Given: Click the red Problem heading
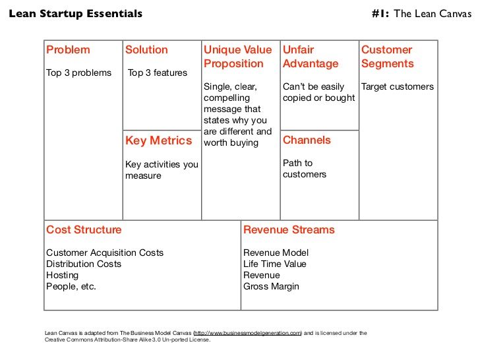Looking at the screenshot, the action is (x=68, y=49).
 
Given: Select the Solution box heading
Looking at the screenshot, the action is (x=146, y=49).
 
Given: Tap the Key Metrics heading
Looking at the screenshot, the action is (x=158, y=140).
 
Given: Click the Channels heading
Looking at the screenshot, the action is (x=307, y=140).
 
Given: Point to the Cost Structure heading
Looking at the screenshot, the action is (x=84, y=229).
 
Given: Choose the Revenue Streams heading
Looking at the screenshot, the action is (x=289, y=229).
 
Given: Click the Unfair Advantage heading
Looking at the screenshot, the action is (x=311, y=57).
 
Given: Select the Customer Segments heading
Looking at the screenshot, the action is (x=388, y=57).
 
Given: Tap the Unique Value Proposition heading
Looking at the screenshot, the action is (x=238, y=57).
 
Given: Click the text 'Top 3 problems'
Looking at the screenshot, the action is (x=78, y=73).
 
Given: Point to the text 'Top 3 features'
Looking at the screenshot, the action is (x=158, y=73).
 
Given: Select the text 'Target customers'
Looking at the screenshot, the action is (x=398, y=86).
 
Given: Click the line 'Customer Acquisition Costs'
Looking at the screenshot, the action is (x=105, y=253).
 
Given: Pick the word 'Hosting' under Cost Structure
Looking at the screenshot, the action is (x=63, y=275).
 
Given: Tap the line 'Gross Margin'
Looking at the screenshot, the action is (x=271, y=287).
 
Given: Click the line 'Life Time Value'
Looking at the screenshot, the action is (x=275, y=264).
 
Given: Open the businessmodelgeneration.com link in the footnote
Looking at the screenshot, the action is (x=248, y=333).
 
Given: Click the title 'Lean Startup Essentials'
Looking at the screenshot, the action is (x=76, y=13).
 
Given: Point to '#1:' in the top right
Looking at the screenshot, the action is (x=380, y=13).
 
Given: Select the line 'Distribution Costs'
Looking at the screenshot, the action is (x=84, y=264).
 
